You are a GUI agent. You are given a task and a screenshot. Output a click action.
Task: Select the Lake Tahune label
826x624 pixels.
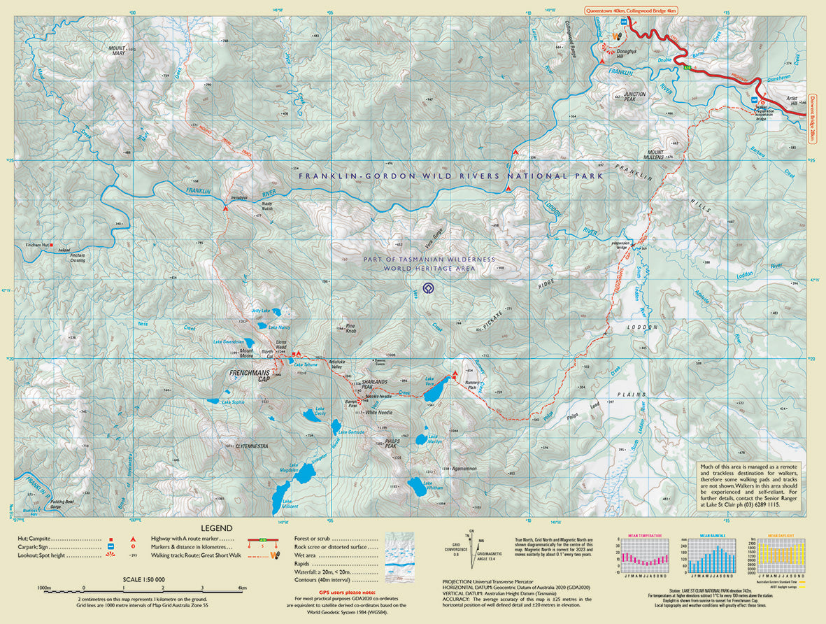[306, 364]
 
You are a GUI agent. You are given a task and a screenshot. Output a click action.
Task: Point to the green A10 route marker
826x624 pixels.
[687, 68]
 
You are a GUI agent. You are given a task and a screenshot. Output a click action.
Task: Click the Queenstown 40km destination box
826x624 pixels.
[630, 11]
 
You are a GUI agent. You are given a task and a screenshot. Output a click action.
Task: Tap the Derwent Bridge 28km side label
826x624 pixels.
[813, 119]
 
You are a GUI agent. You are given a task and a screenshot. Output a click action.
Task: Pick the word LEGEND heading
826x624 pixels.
[217, 528]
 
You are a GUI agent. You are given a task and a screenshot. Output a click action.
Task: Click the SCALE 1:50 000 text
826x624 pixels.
[143, 580]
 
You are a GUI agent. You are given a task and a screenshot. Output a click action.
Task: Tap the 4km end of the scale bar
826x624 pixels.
[242, 588]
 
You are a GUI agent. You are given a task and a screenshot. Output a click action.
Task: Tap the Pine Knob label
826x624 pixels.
[350, 326]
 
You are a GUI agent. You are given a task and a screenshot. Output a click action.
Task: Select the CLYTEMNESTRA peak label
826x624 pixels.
[252, 446]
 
